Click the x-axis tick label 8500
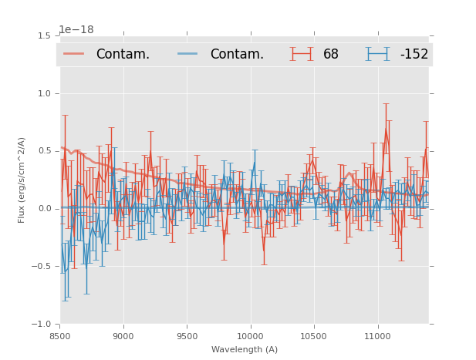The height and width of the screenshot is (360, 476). pos(60,335)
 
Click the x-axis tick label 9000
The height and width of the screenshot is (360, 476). pos(123,335)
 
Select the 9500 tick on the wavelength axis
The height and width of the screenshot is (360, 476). pos(187,335)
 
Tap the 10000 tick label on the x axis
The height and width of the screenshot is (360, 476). pos(250,335)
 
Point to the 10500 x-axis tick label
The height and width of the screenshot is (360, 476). pos(313,335)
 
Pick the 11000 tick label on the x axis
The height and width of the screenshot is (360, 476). pos(377,335)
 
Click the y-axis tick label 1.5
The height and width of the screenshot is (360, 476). pos(44,36)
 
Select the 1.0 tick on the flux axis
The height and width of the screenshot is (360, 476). pos(44,94)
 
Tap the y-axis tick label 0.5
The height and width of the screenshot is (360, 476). pos(44,151)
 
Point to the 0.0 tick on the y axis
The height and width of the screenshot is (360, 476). pos(44,209)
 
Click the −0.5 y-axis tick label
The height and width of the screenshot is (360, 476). pos(42,267)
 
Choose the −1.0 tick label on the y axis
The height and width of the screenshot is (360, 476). pos(42,325)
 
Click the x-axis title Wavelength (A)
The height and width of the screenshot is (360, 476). pos(245,350)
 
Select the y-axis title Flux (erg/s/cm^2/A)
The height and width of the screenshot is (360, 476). pos(22,180)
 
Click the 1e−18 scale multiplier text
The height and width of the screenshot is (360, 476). pos(76,30)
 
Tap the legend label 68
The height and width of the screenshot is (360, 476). pos(331,55)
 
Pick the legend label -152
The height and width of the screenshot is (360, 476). pos(414,55)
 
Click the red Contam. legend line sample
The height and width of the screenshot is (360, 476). pos(74,54)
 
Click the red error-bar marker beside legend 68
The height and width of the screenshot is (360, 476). pos(302,54)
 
